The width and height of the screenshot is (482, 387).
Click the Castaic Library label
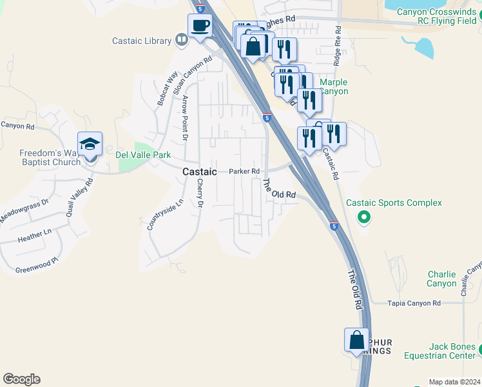[141, 41]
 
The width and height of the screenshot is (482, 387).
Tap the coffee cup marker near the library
[199, 26]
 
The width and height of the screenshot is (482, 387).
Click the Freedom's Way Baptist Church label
[50, 157]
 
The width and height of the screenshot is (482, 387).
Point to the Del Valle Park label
[142, 155]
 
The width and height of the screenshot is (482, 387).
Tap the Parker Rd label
[244, 171]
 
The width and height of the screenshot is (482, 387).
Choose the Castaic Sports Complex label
[394, 203]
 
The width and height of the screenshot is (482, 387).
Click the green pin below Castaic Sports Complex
[363, 217]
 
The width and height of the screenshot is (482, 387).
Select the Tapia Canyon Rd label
[414, 303]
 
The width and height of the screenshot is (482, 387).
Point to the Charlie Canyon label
[441, 279]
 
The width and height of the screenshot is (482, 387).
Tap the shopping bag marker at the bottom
[356, 340]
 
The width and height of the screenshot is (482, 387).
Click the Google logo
[21, 379]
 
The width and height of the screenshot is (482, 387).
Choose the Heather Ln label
[35, 236]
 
